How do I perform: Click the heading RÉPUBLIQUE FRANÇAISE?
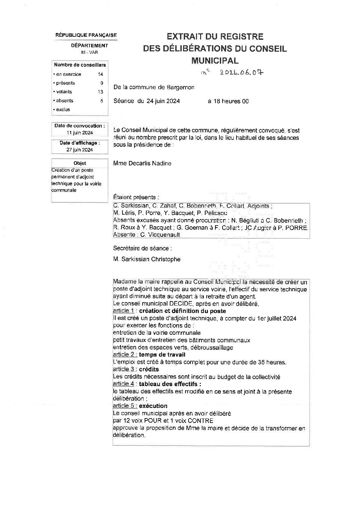(86, 35)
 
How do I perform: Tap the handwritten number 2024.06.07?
(241, 72)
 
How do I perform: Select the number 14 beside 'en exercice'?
(100, 74)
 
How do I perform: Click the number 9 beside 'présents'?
(101, 83)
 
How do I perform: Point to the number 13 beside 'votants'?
(100, 92)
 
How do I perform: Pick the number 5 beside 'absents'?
(101, 101)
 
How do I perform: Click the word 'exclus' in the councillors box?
(63, 110)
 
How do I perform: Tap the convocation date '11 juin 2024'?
(80, 133)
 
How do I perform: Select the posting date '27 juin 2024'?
(80, 150)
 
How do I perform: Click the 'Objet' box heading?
(80, 163)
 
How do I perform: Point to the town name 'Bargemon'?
(181, 87)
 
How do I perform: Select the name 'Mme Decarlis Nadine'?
(142, 163)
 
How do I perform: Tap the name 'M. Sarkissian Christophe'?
(147, 259)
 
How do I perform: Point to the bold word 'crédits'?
(149, 370)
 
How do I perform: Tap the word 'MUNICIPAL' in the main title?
(215, 61)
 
